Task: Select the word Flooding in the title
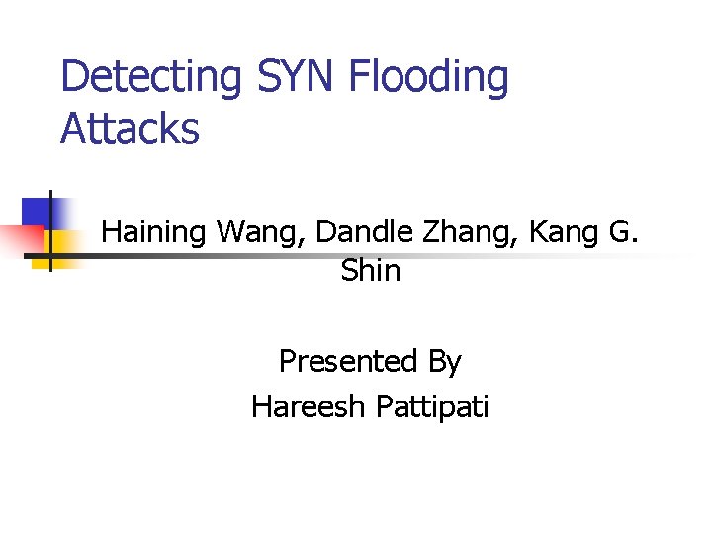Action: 430,78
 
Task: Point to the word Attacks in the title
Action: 130,130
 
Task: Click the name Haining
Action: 155,232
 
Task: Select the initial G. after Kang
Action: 625,232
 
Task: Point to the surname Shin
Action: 371,270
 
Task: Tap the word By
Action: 444,362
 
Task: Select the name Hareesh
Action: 307,405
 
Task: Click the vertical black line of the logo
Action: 50,229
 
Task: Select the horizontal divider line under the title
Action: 396,256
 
